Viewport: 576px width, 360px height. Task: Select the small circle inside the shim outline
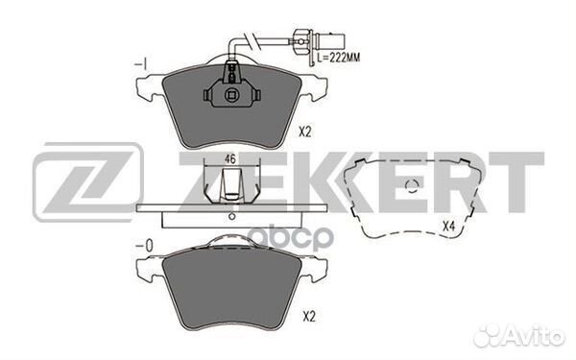coord(412,187)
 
